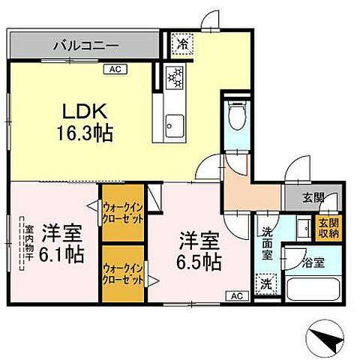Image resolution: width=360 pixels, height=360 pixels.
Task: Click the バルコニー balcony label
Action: pyautogui.click(x=85, y=46)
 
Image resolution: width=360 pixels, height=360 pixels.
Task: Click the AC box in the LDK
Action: pyautogui.click(x=115, y=69)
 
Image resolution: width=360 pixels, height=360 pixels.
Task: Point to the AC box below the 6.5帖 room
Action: pyautogui.click(x=235, y=295)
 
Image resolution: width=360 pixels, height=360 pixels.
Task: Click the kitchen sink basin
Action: pyautogui.click(x=174, y=121)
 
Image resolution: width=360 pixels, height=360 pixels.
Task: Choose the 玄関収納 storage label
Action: pyautogui.click(x=329, y=227)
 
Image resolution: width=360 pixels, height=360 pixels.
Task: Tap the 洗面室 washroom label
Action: pyautogui.click(x=267, y=243)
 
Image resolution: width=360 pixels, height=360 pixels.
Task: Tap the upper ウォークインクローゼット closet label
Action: pyautogui.click(x=122, y=212)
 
